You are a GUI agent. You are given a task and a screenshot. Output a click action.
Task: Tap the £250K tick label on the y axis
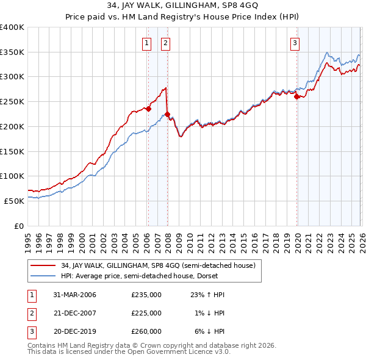coord(12,102)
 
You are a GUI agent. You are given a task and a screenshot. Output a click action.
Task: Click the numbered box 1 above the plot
coord(148,43)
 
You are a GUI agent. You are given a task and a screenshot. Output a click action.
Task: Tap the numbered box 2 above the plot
coord(166,43)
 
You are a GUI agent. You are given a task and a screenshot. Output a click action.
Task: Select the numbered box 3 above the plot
coord(295,43)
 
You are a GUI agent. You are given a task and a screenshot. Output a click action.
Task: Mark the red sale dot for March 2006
coord(148,109)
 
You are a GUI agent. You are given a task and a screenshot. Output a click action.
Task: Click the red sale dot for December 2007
coord(167,114)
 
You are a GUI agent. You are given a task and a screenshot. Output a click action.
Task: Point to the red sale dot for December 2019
coord(296,96)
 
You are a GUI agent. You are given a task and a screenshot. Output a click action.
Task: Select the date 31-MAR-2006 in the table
coord(74,295)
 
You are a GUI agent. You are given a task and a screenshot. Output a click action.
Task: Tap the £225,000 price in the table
coord(146,313)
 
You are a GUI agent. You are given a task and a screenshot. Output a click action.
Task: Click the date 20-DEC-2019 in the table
coord(74,331)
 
